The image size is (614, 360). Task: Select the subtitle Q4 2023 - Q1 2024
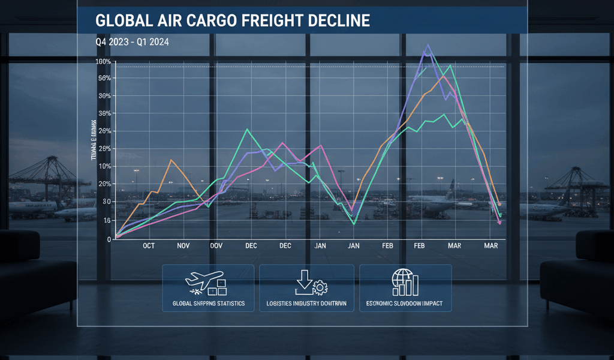[131, 43]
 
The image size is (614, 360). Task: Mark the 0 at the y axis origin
[109, 239]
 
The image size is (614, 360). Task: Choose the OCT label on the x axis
[149, 246]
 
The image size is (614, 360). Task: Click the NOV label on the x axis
[183, 246]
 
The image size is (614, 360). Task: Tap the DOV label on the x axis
[217, 246]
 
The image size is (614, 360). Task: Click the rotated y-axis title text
[94, 142]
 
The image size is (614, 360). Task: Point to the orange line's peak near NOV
[171, 160]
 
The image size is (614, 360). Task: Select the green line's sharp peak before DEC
[247, 129]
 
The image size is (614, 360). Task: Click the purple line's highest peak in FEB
[428, 45]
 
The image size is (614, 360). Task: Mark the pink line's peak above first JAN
[320, 145]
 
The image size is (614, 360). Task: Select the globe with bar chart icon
[404, 282]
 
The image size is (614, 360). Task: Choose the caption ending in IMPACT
[404, 304]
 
